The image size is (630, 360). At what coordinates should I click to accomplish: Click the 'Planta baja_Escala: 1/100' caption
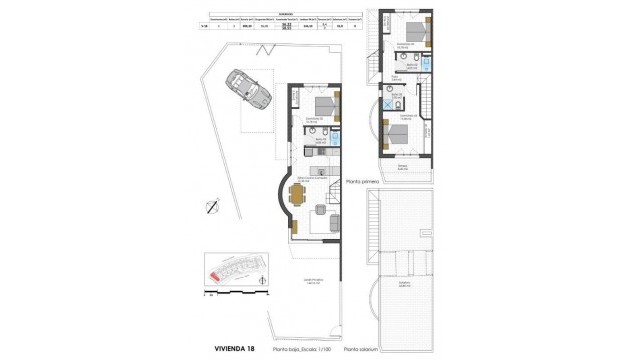(302, 349)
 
